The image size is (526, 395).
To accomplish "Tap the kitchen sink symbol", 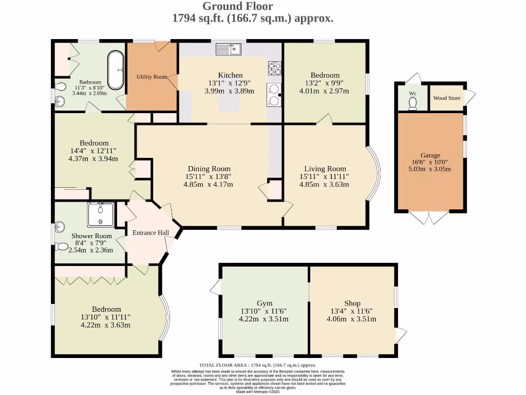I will (229, 49).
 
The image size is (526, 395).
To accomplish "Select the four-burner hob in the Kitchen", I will (274, 68).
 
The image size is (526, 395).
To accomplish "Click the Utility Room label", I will (153, 77).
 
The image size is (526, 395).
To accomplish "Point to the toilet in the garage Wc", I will (412, 103).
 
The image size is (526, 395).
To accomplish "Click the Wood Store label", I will (446, 98).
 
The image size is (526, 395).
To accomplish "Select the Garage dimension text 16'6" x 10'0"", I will (430, 162).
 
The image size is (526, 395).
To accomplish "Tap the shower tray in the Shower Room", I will (101, 214).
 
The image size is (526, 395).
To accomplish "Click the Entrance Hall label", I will (151, 232).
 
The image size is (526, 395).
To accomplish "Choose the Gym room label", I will (265, 303).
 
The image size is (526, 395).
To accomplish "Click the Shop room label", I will (352, 303).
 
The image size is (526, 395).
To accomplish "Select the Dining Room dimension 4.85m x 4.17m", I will (208, 184).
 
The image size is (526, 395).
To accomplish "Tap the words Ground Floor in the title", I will (238, 6).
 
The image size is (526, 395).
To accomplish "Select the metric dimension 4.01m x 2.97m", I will (324, 91).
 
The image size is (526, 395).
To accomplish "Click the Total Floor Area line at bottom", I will (258, 365).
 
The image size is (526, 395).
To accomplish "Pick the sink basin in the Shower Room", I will (61, 226).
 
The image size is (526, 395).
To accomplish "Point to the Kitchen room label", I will (230, 75).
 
